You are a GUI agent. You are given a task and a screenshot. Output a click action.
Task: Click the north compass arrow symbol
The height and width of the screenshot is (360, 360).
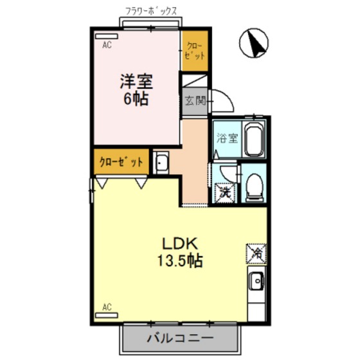[x=256, y=43]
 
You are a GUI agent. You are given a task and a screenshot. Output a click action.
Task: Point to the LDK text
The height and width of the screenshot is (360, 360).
[x=183, y=245]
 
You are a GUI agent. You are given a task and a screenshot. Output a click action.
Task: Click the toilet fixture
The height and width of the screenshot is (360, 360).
[x=255, y=186]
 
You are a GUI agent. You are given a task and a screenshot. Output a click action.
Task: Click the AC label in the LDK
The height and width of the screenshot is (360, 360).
[x=107, y=307]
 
